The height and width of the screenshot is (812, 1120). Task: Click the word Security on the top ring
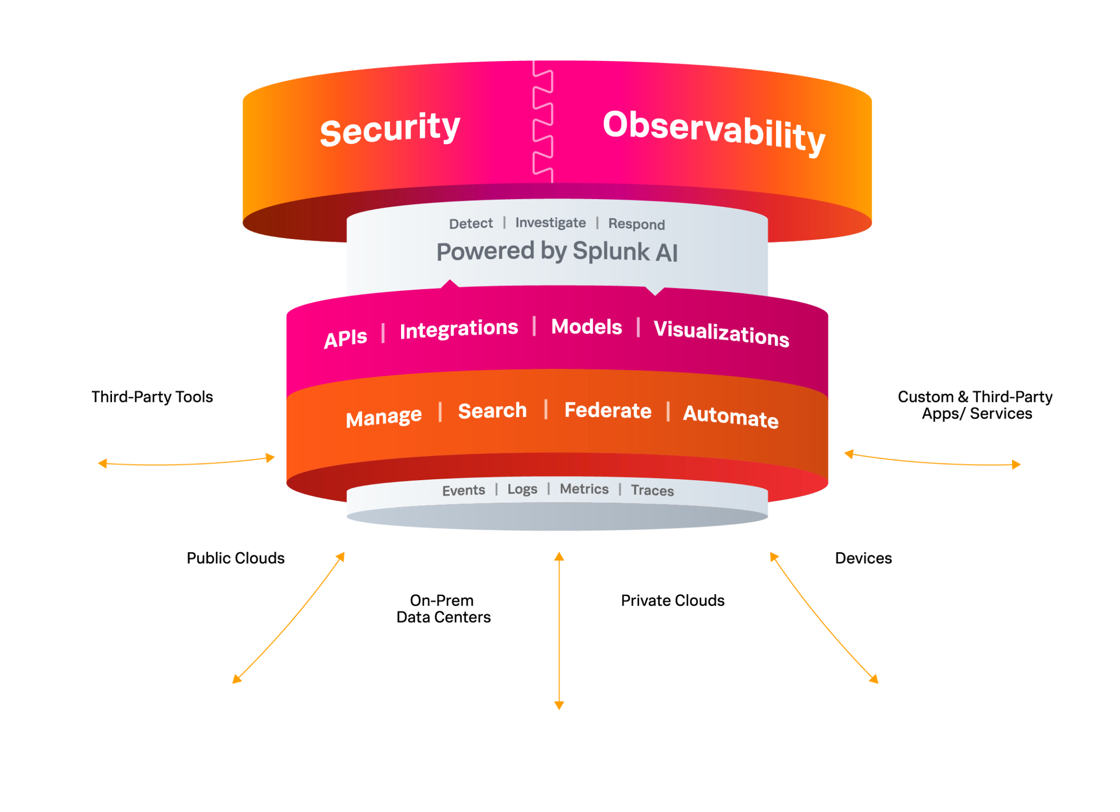[390, 129]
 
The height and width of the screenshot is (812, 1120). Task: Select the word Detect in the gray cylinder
[471, 223]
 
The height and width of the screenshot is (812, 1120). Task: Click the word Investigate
[550, 222]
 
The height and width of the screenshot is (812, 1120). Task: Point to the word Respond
[636, 224]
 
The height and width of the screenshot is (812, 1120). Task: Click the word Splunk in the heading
[611, 251]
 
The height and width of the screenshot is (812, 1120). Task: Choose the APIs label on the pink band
[346, 338]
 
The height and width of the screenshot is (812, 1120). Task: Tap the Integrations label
[459, 329]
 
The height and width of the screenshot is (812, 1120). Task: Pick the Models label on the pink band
[586, 327]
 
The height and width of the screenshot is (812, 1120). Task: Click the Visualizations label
[721, 333]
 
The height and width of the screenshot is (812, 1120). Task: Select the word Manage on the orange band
[383, 417]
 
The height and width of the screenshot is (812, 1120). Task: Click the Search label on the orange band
[492, 411]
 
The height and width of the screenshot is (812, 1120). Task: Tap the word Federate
[607, 410]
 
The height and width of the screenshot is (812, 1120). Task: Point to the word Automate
[730, 416]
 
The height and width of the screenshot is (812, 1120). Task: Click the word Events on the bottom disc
[463, 490]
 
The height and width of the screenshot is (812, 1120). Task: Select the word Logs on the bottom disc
[522, 489]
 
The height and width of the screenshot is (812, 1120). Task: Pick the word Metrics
[584, 489]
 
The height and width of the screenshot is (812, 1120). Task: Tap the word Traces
[652, 490]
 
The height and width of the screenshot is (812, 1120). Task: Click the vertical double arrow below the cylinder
[558, 630]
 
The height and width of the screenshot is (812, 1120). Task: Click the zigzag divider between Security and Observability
[543, 121]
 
